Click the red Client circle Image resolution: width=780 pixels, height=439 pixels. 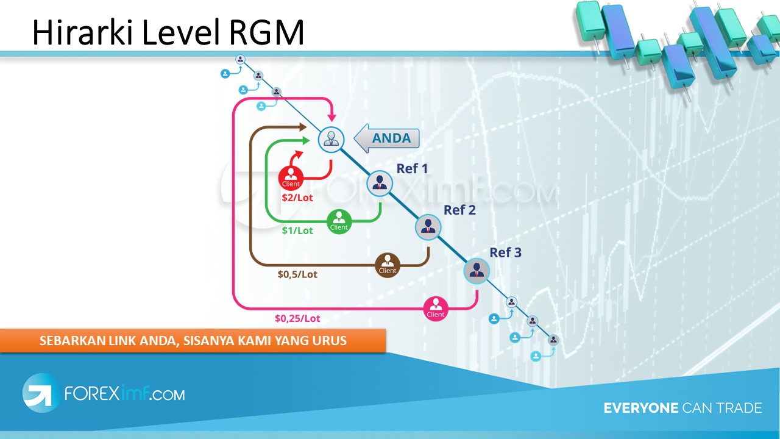291,178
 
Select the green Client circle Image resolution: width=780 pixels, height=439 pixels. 339,221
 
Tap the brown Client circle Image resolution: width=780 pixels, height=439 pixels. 388,265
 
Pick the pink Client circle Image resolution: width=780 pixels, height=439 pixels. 436,309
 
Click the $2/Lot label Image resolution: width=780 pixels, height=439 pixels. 297,198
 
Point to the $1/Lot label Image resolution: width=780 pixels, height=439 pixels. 297,230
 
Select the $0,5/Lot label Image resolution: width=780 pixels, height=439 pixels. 297,274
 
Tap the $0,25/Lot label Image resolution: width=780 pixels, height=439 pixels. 297,318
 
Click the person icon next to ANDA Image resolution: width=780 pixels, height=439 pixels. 331,139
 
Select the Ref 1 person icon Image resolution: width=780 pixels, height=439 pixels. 379,182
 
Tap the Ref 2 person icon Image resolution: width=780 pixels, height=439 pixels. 428,227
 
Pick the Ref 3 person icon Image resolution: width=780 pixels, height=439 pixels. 477,271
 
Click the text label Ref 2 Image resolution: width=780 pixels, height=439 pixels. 459,210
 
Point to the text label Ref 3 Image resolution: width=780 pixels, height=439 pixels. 506,252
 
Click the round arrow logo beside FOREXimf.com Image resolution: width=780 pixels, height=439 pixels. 41,392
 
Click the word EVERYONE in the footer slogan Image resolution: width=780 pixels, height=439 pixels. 640,408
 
